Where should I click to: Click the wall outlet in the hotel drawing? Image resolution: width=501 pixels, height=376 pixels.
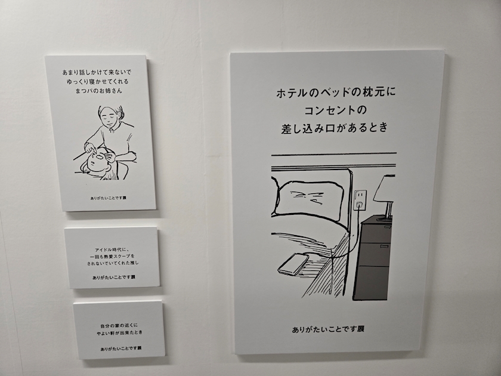point(360,200)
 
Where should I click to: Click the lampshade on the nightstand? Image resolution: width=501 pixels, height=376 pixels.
point(385,189)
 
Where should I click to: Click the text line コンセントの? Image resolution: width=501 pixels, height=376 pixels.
point(335,110)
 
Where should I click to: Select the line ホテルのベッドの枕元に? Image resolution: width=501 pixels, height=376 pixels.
point(335,93)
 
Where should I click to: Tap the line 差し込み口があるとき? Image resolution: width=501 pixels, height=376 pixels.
point(335,128)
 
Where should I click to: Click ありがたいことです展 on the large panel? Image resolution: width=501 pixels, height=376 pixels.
point(328,329)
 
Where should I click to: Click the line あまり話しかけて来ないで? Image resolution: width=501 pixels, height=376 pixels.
point(97,72)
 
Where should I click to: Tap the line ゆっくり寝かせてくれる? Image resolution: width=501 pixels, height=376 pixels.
point(98,82)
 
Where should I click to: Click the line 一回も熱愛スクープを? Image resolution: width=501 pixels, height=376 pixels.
point(112,256)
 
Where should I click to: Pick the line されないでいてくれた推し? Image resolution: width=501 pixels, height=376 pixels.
point(113,263)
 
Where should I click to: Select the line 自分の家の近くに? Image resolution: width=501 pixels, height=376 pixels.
point(119,326)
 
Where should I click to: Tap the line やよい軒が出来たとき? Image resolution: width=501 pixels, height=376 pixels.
point(119,332)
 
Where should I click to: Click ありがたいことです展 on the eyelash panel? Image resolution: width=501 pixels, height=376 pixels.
point(109,198)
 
